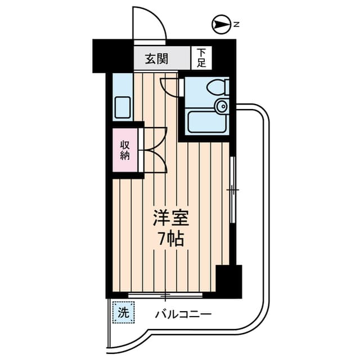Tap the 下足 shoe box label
click(201, 58)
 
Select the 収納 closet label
click(124, 150)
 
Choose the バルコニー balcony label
click(183, 314)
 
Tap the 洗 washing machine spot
click(124, 313)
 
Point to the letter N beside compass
click(237, 25)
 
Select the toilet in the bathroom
click(217, 87)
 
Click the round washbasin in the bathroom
click(222, 106)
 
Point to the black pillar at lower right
click(228, 281)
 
